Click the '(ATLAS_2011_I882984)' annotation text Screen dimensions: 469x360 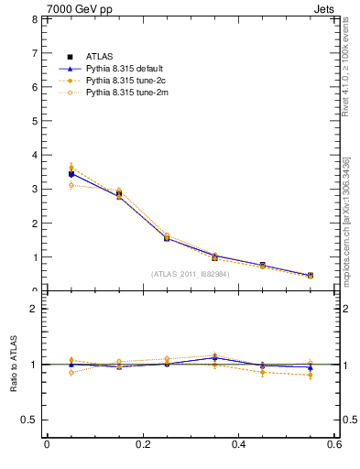[191, 274]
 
